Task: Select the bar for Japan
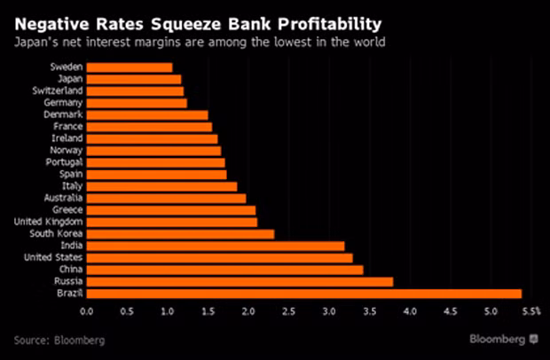134,79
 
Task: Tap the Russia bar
240,281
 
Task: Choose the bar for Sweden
130,67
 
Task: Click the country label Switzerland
59,91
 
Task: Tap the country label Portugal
65,162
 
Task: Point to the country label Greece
67,210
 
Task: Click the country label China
71,270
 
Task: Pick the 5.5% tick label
530,312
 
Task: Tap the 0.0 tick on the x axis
86,312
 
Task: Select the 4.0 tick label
410,312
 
